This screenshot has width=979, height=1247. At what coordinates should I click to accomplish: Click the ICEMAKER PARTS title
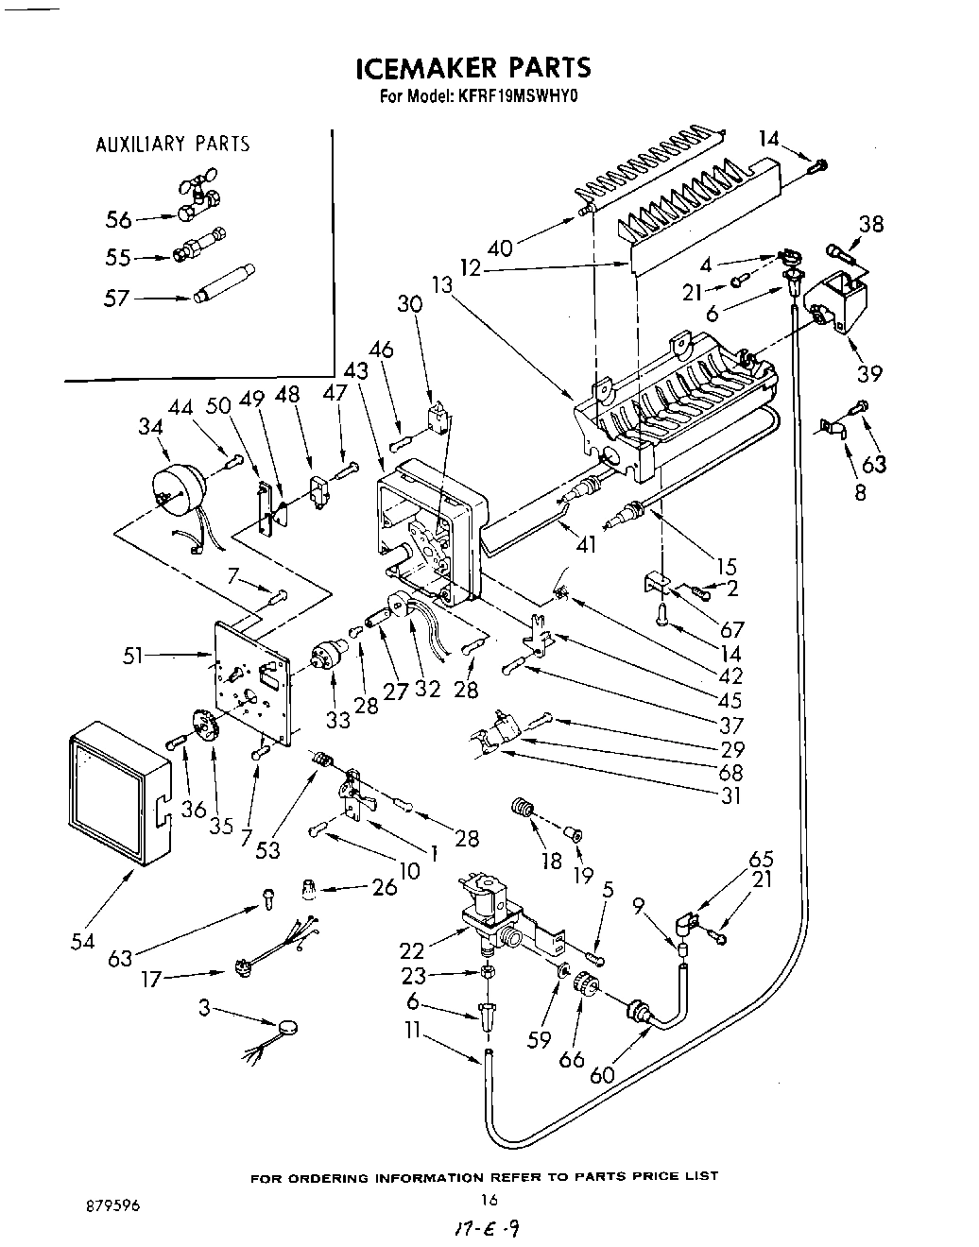click(473, 68)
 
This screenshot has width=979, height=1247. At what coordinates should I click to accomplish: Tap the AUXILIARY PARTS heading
click(173, 145)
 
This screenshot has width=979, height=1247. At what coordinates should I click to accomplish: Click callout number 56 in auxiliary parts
click(118, 219)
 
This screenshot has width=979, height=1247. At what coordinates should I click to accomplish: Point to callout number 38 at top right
click(870, 224)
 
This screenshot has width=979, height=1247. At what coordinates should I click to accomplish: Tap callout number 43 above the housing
click(357, 371)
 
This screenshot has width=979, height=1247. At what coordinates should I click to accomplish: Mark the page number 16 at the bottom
click(489, 1199)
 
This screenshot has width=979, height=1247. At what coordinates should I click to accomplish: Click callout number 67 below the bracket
click(731, 629)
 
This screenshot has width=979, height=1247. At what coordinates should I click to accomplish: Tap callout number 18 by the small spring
click(549, 860)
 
